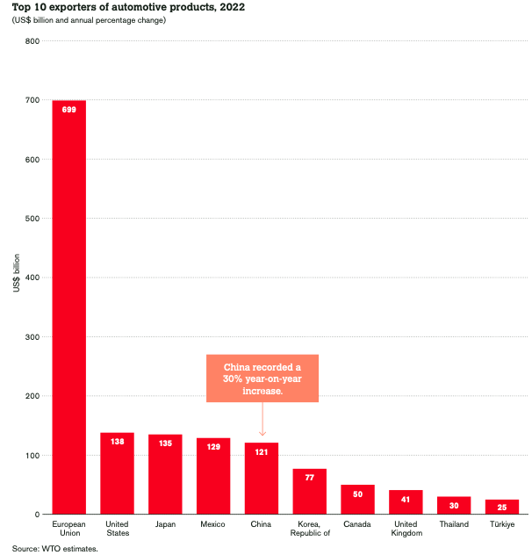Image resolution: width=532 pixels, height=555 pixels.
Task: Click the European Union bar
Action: point(68,307)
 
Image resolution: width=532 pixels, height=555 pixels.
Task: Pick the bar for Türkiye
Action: point(502,507)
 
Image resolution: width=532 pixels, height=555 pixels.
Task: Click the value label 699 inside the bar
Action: point(68,110)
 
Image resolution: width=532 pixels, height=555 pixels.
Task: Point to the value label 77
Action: point(310,479)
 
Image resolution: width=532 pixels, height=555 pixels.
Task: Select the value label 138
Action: point(117,442)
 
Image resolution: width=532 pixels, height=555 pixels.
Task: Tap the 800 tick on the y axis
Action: point(32,41)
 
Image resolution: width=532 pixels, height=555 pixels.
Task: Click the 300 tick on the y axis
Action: point(32,337)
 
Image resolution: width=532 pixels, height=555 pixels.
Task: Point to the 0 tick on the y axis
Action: point(36,515)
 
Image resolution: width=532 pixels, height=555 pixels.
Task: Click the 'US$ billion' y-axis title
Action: point(17,277)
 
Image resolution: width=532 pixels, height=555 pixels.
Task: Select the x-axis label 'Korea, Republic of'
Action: point(310,529)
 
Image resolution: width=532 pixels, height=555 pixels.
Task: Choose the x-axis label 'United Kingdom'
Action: point(406,529)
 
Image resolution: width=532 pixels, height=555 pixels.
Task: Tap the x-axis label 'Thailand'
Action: point(454,524)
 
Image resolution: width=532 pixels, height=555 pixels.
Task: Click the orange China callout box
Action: point(262,378)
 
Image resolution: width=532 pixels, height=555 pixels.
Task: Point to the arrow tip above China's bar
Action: point(262,435)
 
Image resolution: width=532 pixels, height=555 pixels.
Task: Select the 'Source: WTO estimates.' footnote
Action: point(54,548)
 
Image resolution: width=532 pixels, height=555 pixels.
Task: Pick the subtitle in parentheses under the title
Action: point(89,20)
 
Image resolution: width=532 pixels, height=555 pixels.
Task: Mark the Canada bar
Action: point(358,500)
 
